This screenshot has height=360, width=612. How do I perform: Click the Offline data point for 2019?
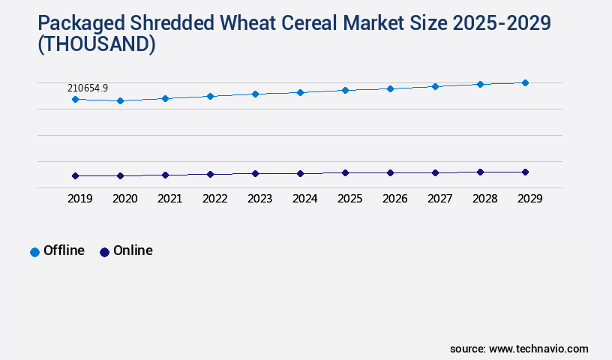(x=75, y=99)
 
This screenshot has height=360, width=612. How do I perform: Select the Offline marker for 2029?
(x=525, y=82)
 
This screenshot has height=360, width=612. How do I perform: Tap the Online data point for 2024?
(x=300, y=173)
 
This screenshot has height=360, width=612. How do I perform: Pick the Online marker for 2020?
(x=120, y=175)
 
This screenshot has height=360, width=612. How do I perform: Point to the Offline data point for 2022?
(x=210, y=96)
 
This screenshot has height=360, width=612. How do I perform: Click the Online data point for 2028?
(x=480, y=172)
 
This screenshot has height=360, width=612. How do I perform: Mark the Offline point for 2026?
(x=390, y=88)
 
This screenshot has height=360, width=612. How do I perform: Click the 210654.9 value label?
(x=88, y=88)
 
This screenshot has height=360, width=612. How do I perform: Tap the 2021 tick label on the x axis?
(x=169, y=199)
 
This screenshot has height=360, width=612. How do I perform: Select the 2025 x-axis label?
(x=349, y=199)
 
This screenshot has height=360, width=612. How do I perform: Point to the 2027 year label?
(x=439, y=199)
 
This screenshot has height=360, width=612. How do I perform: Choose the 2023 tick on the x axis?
(x=259, y=199)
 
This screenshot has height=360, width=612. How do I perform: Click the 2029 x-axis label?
(x=529, y=199)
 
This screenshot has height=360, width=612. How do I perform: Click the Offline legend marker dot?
(x=34, y=252)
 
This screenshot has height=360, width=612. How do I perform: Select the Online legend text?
(x=133, y=250)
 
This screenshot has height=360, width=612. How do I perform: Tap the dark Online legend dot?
(x=104, y=252)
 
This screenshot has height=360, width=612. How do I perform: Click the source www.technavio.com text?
(x=519, y=349)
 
